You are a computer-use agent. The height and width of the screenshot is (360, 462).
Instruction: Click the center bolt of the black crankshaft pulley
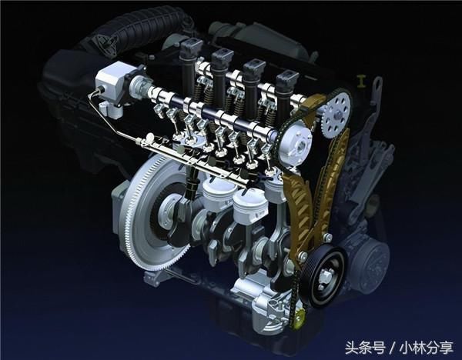(325, 276)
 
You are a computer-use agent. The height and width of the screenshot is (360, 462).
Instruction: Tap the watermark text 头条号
(365, 348)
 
